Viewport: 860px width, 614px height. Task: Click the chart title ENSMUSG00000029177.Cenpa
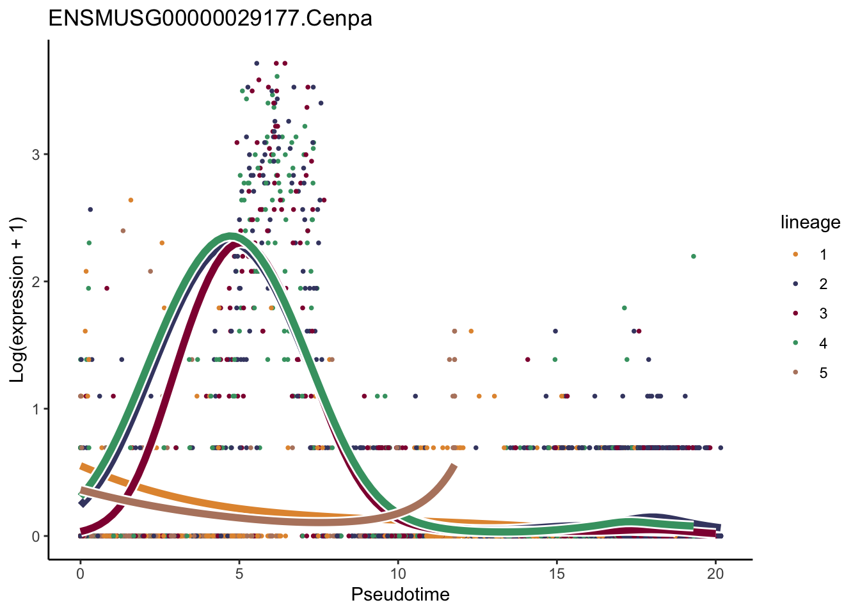coord(210,18)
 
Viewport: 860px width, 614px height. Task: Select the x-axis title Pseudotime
coord(400,595)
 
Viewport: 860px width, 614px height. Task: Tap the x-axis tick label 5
coord(239,574)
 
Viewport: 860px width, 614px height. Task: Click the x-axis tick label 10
coord(398,574)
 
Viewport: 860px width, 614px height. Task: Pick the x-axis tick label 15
coord(557,574)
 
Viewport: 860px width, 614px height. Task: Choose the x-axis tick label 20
coord(715,574)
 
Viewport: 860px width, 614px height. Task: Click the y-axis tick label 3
coord(36,155)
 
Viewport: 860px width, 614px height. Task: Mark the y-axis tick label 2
coord(36,282)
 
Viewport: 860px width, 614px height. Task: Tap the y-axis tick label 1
coord(36,409)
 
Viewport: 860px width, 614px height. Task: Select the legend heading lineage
coord(810,223)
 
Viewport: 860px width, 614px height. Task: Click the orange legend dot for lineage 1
coord(795,255)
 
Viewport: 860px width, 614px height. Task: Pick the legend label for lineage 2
coord(823,284)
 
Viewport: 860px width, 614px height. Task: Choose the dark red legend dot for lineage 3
coord(795,313)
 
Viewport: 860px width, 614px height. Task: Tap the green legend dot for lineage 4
coord(795,343)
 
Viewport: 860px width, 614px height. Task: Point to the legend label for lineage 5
coord(823,373)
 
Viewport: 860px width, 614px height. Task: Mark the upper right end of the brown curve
coord(454,466)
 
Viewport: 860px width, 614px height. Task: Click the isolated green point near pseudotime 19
coord(693,256)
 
